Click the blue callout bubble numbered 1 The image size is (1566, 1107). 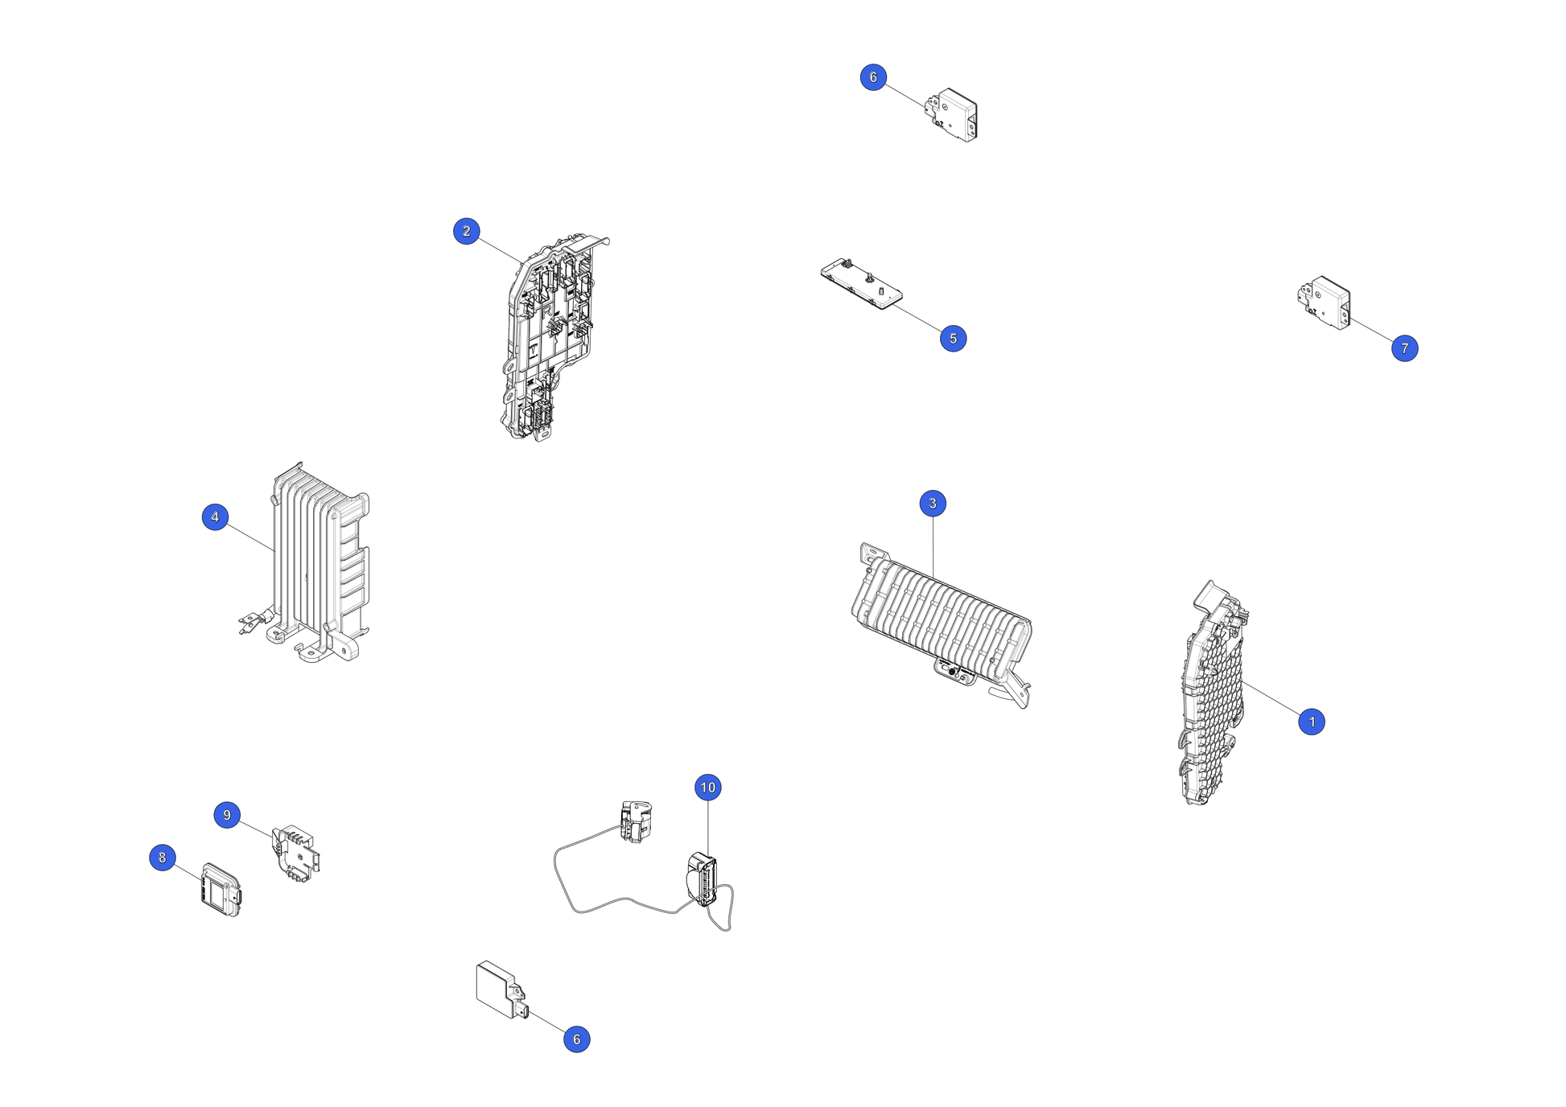coord(1312,722)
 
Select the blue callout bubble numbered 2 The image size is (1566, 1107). coord(467,231)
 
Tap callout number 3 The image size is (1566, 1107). coord(933,504)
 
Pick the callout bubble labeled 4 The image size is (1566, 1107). coord(215,517)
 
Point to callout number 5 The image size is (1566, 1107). coord(954,339)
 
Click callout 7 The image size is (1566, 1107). coord(1405,348)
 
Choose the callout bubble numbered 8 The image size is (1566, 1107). coord(163,858)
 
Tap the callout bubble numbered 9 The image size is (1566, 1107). coord(227,815)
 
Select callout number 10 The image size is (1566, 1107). coord(708,788)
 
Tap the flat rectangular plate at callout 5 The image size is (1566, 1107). coord(862,284)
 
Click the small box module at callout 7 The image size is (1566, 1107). coord(1325,302)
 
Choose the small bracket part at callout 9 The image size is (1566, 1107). coord(298,853)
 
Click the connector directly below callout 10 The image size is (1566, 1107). coord(703,879)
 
